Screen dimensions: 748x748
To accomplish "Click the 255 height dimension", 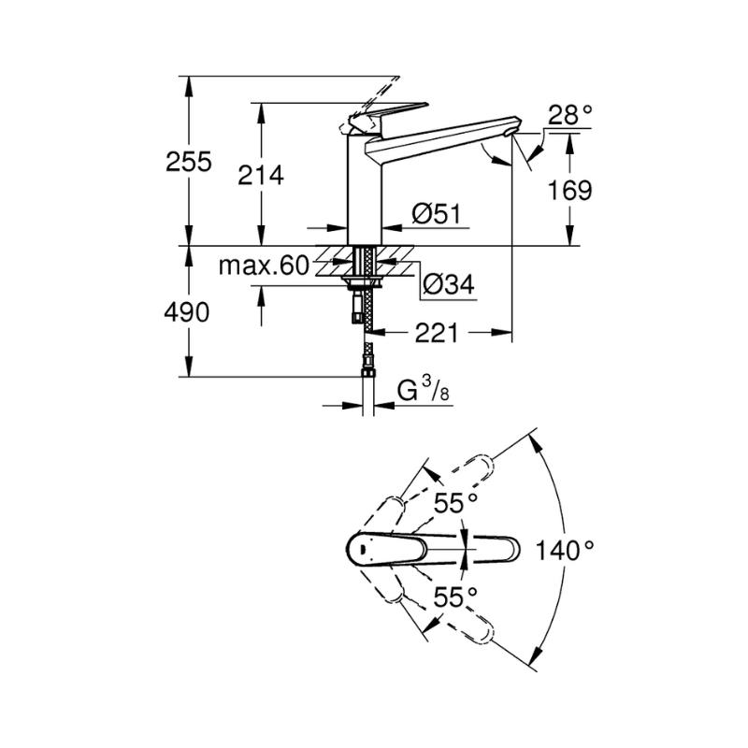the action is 189,162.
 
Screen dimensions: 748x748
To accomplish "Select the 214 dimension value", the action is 261,175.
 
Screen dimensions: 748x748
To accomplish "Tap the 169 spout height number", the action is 569,191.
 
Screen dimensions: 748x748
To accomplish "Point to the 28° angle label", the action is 570,115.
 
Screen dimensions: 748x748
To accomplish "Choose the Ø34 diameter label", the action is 449,285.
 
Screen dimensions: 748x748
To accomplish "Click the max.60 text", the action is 264,266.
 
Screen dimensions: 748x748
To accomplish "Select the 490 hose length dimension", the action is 186,312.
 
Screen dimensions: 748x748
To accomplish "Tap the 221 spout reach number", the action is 436,333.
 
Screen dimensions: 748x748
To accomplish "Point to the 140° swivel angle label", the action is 566,550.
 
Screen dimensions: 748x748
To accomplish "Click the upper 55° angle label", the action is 455,503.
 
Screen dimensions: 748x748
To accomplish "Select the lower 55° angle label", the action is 455,597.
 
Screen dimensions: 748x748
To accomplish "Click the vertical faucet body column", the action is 365,190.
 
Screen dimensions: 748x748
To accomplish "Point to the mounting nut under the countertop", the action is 365,281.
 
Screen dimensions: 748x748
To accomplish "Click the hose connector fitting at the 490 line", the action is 367,371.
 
